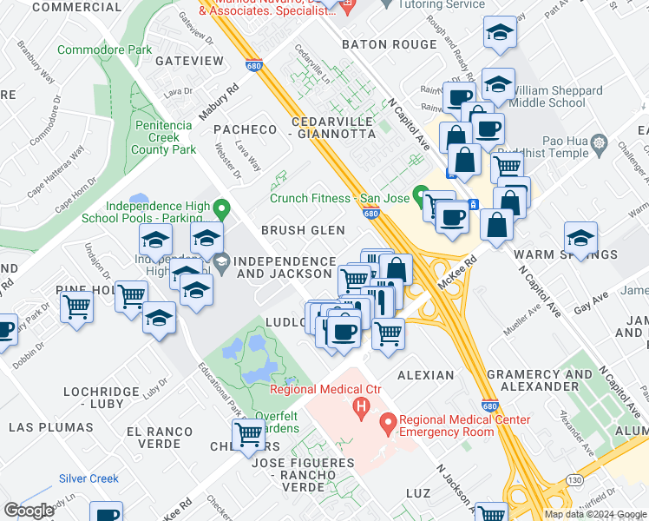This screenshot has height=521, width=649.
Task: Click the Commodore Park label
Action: pos(104,50)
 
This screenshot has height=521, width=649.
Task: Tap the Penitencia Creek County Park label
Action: pos(163,137)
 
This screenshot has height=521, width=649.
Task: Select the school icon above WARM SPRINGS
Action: pos(580,235)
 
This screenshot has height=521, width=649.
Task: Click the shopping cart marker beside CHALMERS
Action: pos(249,433)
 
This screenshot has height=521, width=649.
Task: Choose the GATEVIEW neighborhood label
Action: pos(189,61)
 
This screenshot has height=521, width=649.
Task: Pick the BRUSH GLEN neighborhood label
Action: pos(303,230)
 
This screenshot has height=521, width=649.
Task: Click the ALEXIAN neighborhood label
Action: pos(425,375)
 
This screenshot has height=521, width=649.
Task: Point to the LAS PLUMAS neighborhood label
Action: pos(51,427)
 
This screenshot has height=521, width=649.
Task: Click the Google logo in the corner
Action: pos(28,511)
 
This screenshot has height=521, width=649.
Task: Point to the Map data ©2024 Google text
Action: pos(594,514)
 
